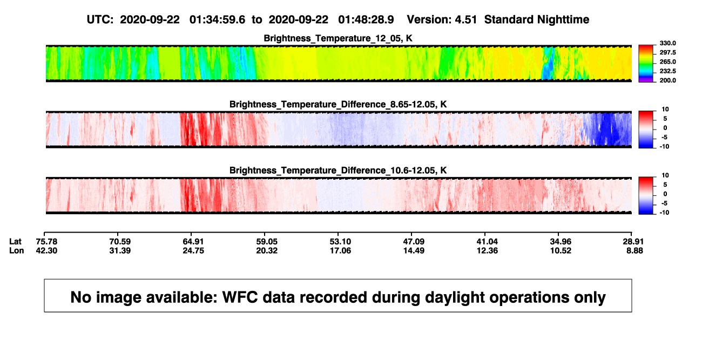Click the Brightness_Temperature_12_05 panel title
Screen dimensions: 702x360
(338, 38)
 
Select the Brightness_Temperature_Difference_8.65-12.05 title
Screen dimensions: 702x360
(338, 104)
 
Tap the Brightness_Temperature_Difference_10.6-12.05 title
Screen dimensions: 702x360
(338, 171)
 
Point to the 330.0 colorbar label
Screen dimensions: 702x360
(667, 43)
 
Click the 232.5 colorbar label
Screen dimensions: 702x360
(667, 71)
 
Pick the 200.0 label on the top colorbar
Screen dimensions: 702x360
(667, 80)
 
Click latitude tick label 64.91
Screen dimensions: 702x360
(193, 242)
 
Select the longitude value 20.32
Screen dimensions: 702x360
(267, 250)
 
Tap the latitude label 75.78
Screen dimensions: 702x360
(46, 242)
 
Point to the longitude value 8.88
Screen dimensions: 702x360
(634, 250)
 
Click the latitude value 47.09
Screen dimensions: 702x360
(414, 242)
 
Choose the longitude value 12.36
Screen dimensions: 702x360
(487, 250)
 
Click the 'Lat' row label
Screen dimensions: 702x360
(15, 242)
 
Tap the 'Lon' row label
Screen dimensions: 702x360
(16, 250)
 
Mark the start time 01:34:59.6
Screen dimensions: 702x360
(217, 19)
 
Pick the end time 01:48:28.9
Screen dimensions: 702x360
(366, 19)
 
